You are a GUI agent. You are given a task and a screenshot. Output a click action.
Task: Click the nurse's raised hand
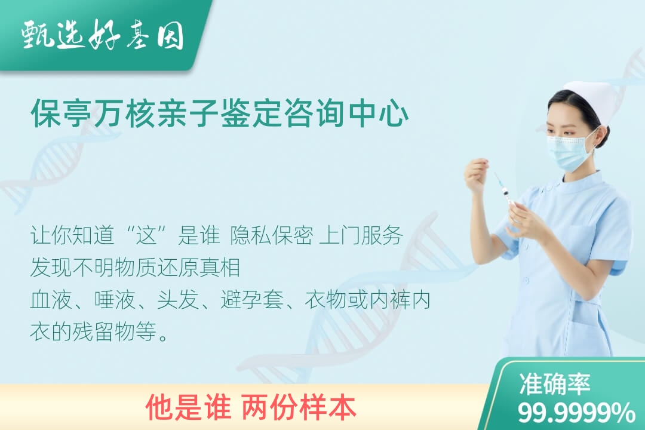(477, 177)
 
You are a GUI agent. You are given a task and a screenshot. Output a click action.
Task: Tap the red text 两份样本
(299, 407)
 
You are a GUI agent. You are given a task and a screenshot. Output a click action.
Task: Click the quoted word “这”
(147, 236)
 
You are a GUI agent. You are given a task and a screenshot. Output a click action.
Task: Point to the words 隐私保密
(272, 236)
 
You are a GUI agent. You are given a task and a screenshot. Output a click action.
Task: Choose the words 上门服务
(361, 236)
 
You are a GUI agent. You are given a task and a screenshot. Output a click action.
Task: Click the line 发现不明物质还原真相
(136, 268)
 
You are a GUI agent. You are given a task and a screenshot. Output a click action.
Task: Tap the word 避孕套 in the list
(252, 300)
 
